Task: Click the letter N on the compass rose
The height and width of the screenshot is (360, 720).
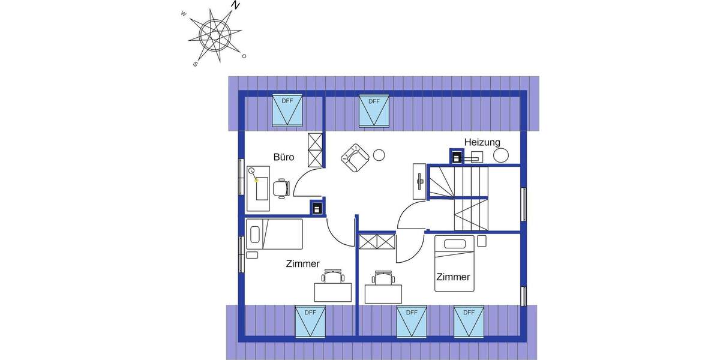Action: coord(236,5)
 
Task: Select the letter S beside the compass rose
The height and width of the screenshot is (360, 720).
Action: coord(196,63)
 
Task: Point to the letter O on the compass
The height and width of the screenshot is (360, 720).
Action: coord(244,56)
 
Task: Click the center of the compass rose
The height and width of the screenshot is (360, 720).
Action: coord(215,35)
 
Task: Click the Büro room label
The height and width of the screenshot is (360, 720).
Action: coord(284,157)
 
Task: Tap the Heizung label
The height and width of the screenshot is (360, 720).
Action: coord(482,142)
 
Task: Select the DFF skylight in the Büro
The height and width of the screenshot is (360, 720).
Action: coord(287,110)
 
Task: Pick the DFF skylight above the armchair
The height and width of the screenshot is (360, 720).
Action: coord(374,110)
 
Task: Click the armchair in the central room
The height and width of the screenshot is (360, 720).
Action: coord(355,158)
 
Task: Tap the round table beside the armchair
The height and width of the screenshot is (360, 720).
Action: coord(379,155)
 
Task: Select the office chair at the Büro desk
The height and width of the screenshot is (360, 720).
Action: coord(281,188)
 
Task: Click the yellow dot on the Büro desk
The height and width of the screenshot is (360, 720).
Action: coord(257,179)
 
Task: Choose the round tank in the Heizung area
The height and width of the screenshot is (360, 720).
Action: coord(501,155)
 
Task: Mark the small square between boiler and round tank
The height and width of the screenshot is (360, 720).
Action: coord(478,157)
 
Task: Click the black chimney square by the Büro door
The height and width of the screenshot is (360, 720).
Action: coord(317,208)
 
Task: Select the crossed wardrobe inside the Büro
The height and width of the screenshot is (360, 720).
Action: coord(315,149)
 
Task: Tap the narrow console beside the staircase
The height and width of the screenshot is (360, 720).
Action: coord(418,181)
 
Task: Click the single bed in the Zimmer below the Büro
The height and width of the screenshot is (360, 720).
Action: coord(275,233)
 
